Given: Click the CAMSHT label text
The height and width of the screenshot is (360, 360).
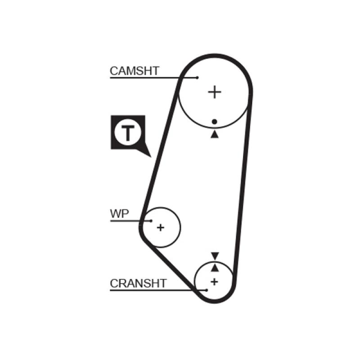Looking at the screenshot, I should [x=134, y=71].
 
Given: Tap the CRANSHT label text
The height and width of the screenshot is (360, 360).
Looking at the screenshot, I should [x=138, y=283].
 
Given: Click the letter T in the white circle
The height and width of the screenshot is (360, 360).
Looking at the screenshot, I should [x=129, y=133].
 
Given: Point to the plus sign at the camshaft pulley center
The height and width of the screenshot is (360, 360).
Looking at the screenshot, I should [x=215, y=92].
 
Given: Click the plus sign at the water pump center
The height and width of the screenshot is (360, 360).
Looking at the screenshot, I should [x=160, y=227].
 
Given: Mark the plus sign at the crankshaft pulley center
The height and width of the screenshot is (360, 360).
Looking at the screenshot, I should [x=215, y=282].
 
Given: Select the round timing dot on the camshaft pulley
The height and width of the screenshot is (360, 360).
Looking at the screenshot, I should [x=215, y=121].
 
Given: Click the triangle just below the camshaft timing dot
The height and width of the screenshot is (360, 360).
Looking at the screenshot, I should [x=215, y=134].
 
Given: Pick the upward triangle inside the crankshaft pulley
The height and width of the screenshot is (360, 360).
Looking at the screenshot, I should [x=215, y=268].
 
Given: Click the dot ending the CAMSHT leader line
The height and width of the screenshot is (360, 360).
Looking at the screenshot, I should [x=197, y=78].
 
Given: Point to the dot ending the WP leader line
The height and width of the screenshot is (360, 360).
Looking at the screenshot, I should [x=151, y=221].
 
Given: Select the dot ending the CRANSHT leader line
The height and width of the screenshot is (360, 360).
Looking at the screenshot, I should [x=207, y=290].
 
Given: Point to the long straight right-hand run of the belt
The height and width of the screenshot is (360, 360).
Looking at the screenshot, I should [x=242, y=189].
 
